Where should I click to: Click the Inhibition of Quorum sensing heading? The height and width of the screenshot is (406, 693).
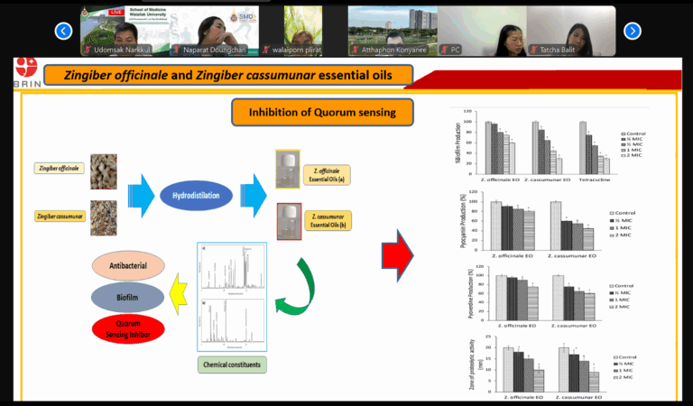[x=321, y=113]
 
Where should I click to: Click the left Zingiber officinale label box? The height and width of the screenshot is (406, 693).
[x=60, y=168]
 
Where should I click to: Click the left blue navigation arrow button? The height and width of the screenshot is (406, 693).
[x=63, y=31]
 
